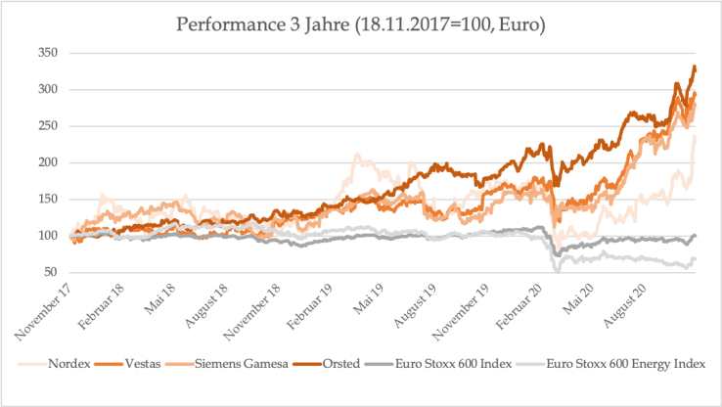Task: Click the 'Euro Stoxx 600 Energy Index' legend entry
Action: (x=625, y=363)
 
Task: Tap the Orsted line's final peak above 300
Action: (x=694, y=67)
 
